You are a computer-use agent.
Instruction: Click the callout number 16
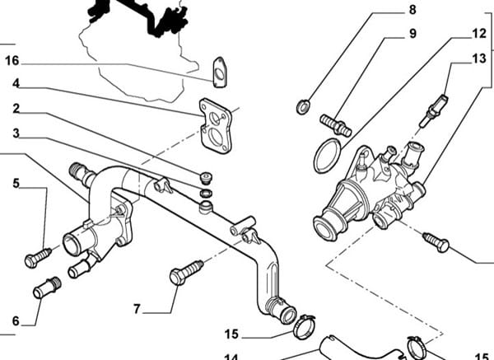[12, 60]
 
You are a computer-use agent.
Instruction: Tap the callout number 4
[16, 83]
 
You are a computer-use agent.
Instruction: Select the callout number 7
[137, 309]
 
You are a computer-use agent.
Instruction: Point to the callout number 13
[479, 58]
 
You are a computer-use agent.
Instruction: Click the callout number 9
[412, 34]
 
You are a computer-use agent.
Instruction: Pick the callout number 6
[16, 321]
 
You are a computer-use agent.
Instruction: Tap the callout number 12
[479, 34]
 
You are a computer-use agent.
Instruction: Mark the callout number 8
[412, 9]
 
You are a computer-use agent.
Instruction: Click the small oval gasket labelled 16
[220, 72]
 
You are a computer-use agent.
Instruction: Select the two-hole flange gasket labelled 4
[216, 126]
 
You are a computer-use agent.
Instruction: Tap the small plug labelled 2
[206, 177]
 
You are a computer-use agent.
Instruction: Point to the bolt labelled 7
[186, 273]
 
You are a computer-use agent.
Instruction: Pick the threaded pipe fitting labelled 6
[47, 288]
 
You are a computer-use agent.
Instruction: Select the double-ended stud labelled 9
[336, 125]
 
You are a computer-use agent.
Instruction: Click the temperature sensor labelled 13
[434, 110]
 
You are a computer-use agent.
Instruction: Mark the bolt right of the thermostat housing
[436, 242]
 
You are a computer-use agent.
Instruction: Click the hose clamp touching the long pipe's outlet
[304, 326]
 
